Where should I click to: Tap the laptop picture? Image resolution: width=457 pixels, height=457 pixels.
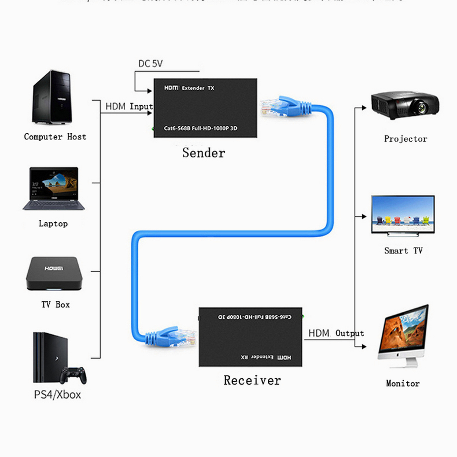pyautogui.click(x=53, y=189)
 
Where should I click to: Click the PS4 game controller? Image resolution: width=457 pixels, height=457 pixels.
pyautogui.click(x=73, y=374)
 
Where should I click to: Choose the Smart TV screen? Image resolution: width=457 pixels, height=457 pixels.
pyautogui.click(x=403, y=213)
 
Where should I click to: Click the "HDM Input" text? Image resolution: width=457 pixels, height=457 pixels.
pyautogui.click(x=128, y=106)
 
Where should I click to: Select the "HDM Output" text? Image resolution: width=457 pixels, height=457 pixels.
pyautogui.click(x=336, y=333)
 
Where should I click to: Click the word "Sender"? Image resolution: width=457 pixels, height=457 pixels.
pyautogui.click(x=204, y=153)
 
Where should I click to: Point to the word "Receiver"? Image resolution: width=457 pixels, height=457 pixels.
pyautogui.click(x=252, y=380)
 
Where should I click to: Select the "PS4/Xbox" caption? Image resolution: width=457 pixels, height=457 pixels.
pyautogui.click(x=57, y=395)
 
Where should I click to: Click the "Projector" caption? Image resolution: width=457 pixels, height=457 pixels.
pyautogui.click(x=406, y=139)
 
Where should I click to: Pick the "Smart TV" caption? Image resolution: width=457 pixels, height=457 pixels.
pyautogui.click(x=403, y=250)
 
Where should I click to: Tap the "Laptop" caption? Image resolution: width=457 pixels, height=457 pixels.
pyautogui.click(x=53, y=223)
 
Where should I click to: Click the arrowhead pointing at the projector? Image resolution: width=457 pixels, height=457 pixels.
pyautogui.click(x=363, y=107)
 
